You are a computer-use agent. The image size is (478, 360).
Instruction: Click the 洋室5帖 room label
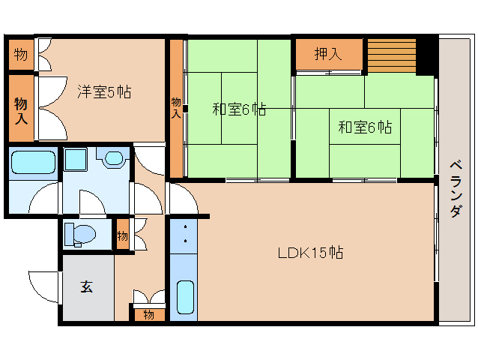104,91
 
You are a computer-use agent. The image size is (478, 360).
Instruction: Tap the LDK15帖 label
310,253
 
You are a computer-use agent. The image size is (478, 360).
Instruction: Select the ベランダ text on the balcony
455,188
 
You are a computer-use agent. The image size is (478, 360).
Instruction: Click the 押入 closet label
327,53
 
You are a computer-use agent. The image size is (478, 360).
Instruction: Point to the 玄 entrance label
87,286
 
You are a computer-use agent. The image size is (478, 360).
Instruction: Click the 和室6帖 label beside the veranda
364,127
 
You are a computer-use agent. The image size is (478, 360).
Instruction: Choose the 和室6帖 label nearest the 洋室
238,109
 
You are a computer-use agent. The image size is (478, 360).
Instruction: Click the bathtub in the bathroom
33,163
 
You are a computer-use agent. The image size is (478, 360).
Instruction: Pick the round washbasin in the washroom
114,158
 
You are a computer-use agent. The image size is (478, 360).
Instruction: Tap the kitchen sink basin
184,296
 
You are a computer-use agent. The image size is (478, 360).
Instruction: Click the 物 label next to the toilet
122,236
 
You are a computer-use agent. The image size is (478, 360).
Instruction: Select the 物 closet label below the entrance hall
148,314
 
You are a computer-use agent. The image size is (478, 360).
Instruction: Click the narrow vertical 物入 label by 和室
176,108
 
